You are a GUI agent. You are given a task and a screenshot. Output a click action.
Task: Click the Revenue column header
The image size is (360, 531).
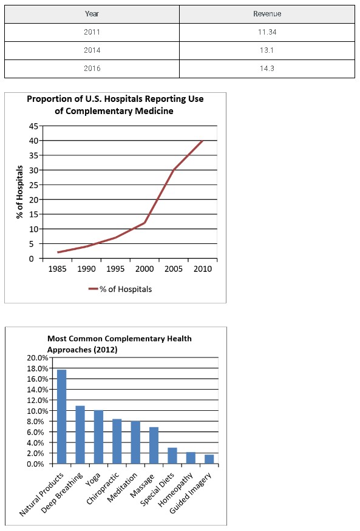click(x=267, y=14)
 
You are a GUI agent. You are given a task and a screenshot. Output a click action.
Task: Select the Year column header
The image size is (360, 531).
click(x=92, y=14)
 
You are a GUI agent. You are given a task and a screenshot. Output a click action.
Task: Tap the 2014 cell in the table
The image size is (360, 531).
click(x=92, y=50)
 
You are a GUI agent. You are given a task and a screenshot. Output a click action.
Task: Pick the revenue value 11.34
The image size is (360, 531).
click(x=267, y=32)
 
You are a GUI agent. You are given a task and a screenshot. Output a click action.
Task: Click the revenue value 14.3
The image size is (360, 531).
click(x=267, y=69)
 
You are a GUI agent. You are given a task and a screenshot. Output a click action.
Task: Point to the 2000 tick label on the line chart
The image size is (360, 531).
click(x=144, y=269)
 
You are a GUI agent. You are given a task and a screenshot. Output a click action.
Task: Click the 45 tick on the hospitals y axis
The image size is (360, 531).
click(x=33, y=126)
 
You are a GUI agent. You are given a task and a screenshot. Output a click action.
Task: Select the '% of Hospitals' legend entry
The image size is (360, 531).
click(x=120, y=289)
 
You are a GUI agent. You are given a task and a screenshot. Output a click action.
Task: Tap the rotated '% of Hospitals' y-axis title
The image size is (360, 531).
click(x=19, y=192)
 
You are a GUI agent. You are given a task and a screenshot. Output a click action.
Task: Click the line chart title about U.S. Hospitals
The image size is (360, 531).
click(x=115, y=105)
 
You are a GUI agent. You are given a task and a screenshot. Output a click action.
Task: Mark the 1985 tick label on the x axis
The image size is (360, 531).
click(x=57, y=269)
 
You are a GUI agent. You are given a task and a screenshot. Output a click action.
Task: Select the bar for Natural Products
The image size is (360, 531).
click(x=62, y=416)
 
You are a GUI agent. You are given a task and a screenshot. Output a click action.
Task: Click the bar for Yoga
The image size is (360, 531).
click(x=98, y=437)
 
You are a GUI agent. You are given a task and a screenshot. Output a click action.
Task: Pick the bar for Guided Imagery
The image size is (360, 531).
click(x=209, y=459)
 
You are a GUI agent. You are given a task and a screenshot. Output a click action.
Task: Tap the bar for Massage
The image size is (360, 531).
click(x=154, y=445)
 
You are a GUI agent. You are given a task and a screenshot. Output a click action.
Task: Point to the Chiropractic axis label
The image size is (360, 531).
click(x=103, y=488)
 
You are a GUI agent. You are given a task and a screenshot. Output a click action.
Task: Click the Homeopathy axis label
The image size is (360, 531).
click(x=175, y=490)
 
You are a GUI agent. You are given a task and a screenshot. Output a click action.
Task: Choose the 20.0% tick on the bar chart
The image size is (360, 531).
click(x=37, y=357)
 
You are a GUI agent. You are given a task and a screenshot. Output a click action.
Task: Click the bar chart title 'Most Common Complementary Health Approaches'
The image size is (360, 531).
click(x=119, y=344)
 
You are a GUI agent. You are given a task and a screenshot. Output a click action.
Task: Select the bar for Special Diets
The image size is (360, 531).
click(x=172, y=456)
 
